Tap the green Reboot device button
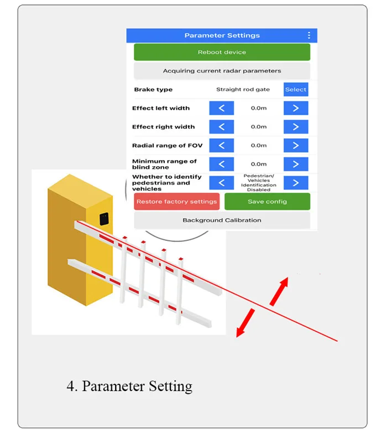[x=222, y=52]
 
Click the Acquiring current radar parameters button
[x=222, y=71]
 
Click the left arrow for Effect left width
[x=222, y=108]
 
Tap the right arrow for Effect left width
[x=296, y=108]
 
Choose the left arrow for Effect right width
[x=222, y=127]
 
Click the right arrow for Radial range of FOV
[x=296, y=146]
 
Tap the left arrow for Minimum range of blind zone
[x=222, y=164]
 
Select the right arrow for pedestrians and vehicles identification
[x=296, y=183]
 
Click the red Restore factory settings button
[x=177, y=202]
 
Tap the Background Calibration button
[x=222, y=220]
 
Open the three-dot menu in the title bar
[x=309, y=35]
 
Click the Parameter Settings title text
[x=222, y=35]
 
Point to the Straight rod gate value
[x=243, y=90]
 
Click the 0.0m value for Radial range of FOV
[x=259, y=146]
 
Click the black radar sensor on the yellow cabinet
[x=104, y=219]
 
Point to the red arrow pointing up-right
[x=279, y=291]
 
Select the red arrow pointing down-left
[x=245, y=323]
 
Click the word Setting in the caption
[x=170, y=386]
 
